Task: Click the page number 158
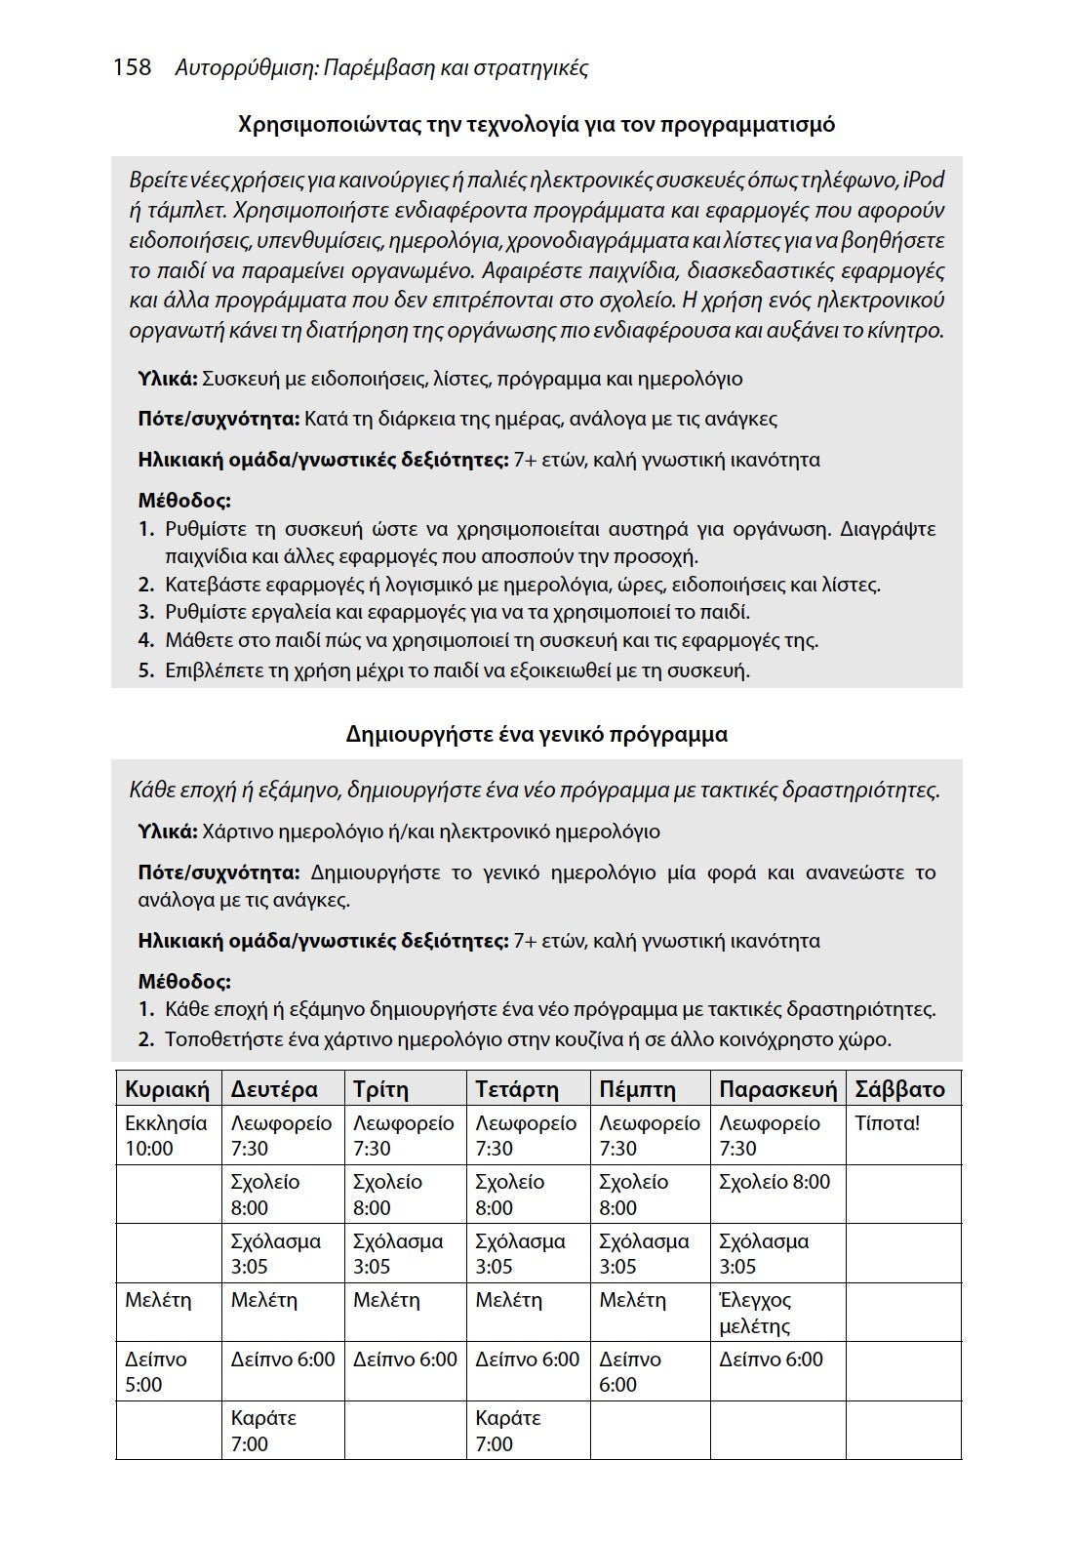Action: coord(133,67)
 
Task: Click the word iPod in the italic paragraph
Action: coord(924,180)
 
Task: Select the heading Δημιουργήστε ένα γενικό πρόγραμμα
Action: coord(536,734)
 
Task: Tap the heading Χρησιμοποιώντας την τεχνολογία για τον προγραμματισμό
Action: coord(536,125)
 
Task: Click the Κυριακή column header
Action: coord(167,1089)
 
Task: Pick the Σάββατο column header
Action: coord(899,1089)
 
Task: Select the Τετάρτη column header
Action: coord(517,1089)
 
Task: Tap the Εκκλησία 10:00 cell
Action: coord(166,1135)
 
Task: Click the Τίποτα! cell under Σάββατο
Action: coord(887,1123)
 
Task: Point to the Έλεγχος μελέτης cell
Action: coord(756,1313)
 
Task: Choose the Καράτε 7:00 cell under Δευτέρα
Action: coord(263,1431)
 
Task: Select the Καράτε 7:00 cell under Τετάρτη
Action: coord(508,1431)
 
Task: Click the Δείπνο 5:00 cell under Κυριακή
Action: coord(156,1371)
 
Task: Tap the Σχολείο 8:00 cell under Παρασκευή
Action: coord(775,1182)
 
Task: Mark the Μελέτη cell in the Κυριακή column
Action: coord(158,1300)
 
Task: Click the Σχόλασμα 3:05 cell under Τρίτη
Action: coord(398,1254)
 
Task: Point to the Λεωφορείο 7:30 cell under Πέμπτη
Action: coord(649,1135)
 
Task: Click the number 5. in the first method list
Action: coord(146,670)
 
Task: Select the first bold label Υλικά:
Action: coord(168,379)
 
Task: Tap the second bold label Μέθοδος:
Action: coord(184,981)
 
